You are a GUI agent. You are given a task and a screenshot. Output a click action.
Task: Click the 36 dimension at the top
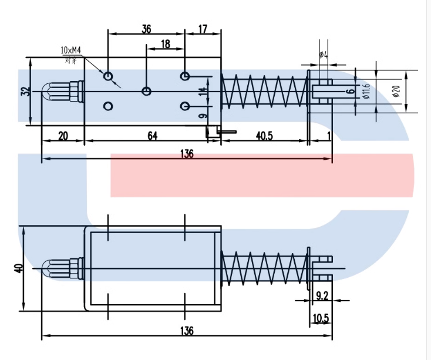pos(146,29)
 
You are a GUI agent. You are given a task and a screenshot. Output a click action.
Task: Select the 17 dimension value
pos(202,29)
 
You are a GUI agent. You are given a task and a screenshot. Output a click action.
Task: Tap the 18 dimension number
pos(165,44)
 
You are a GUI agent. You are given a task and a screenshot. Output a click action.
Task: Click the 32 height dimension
pos(24,91)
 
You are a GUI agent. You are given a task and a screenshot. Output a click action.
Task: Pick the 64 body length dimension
pos(152,136)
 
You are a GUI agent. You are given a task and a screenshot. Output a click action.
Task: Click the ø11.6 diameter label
pos(365,91)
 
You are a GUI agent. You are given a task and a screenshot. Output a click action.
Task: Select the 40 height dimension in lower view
pos(19,268)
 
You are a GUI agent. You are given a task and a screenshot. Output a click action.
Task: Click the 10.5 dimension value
pos(321,318)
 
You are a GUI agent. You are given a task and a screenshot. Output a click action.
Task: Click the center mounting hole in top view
pos(146,90)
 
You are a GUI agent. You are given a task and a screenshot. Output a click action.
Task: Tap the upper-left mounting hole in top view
pos(108,76)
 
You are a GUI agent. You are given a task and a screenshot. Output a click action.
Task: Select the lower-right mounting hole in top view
pos(185,106)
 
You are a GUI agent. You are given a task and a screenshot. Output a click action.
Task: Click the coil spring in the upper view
pos(264,92)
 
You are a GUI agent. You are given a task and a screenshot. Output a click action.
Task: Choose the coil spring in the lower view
pos(264,268)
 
